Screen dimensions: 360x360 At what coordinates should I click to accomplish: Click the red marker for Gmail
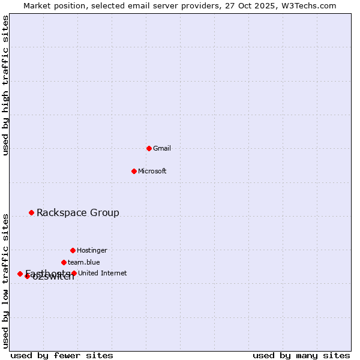[x=149, y=148]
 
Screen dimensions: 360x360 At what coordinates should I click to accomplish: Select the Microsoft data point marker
[x=134, y=171]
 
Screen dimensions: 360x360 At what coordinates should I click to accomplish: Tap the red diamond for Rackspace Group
[x=31, y=212]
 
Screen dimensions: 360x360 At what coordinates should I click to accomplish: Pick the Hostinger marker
[x=73, y=250]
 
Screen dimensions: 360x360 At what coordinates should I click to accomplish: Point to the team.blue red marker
[x=64, y=262]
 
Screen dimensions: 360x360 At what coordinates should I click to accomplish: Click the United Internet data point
[x=74, y=273]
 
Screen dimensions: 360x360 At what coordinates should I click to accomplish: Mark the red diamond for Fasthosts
[x=20, y=274]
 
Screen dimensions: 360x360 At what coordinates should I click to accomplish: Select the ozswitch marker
[x=27, y=276]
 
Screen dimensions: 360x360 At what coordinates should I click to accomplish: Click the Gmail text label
[x=162, y=148]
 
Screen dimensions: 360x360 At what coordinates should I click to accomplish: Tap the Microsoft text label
[x=152, y=171]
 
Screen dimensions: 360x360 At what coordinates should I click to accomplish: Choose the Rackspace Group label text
[x=78, y=212]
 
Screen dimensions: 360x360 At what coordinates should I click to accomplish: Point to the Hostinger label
[x=92, y=250]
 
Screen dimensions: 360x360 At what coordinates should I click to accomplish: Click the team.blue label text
[x=84, y=262]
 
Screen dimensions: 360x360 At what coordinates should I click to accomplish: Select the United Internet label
[x=102, y=273]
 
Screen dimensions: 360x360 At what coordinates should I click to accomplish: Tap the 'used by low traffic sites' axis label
[x=6, y=280]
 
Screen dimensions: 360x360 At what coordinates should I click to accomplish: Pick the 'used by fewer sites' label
[x=62, y=355]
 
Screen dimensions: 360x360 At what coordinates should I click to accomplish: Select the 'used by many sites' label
[x=301, y=355]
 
